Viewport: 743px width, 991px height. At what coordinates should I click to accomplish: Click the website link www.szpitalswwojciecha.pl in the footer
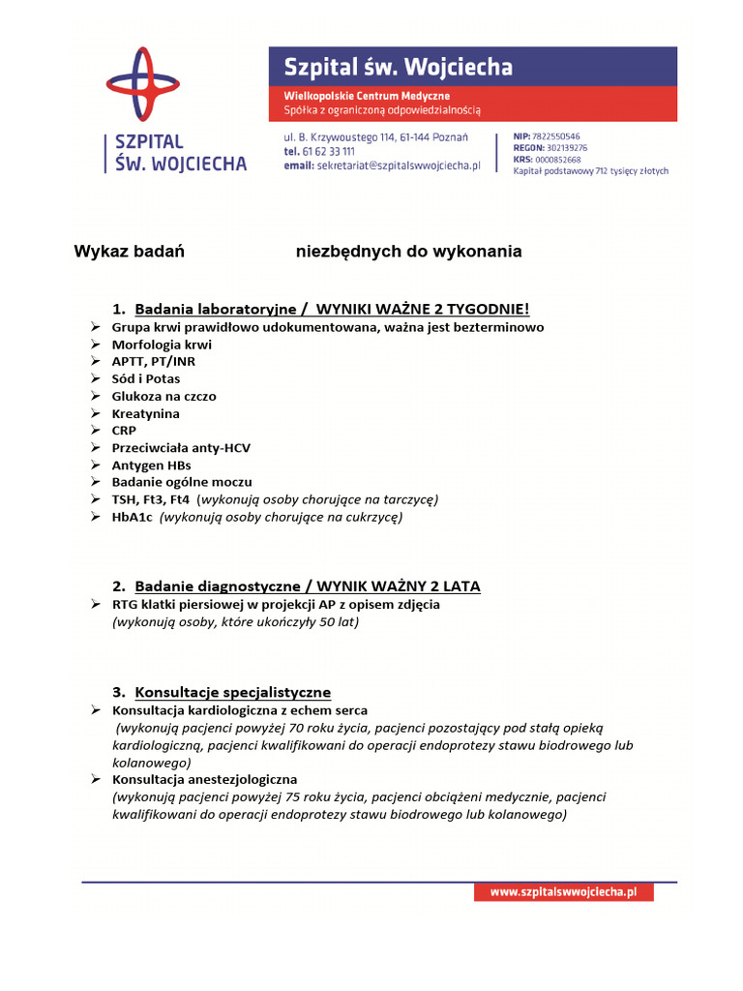tap(563, 892)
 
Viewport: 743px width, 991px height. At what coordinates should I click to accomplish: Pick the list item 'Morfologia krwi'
tap(162, 345)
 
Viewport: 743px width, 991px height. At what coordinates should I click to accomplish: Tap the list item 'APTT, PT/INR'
tap(153, 362)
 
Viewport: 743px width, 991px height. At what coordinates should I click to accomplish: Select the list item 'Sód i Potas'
tap(146, 379)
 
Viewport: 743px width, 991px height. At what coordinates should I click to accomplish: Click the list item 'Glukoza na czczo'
tap(164, 397)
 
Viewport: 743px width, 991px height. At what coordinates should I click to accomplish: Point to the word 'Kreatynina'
tap(145, 414)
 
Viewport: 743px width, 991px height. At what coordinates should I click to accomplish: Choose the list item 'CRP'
tap(125, 431)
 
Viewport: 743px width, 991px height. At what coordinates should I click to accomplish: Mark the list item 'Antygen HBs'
tap(151, 465)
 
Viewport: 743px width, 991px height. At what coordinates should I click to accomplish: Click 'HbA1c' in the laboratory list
tap(133, 518)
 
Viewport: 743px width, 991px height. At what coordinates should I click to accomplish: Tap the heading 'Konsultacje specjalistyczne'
tap(232, 692)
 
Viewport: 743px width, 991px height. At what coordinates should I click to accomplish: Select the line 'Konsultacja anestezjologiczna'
tap(205, 779)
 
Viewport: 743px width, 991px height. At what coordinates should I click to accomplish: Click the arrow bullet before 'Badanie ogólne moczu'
tap(97, 482)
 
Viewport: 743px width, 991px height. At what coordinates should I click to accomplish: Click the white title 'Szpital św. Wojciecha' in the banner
tap(398, 68)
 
